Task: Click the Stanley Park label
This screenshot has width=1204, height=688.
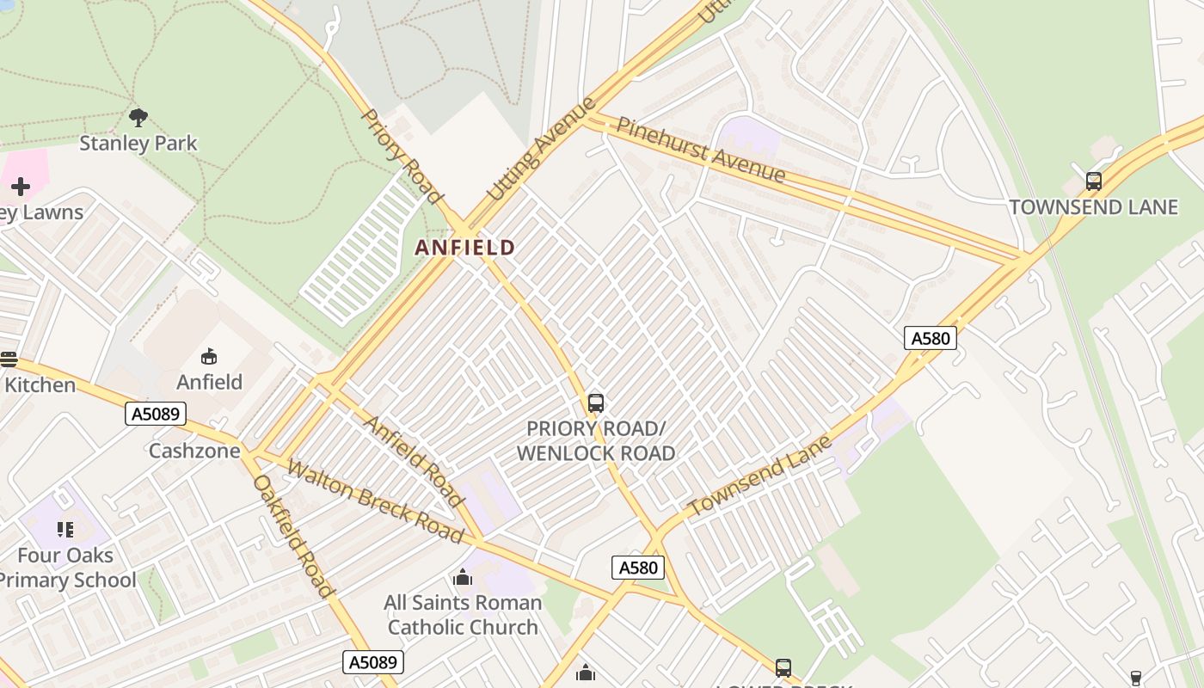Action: coord(138,143)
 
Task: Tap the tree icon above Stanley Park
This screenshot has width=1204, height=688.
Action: coord(138,117)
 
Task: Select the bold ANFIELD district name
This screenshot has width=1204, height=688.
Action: coord(465,248)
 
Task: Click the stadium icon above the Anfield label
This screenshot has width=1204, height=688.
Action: coord(208,356)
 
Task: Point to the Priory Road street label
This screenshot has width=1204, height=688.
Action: coord(401,156)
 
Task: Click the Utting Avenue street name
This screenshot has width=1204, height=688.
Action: coord(541,150)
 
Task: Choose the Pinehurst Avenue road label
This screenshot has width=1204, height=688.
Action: coord(700,150)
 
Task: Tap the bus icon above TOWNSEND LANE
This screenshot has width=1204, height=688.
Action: coord(1093,181)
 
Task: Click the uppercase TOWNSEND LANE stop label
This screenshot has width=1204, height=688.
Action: coord(1093,207)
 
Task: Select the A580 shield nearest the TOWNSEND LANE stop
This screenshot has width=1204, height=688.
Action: coord(930,338)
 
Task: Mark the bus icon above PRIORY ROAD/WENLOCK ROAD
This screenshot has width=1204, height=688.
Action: coord(595,402)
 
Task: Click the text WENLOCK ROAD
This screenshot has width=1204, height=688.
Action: coord(595,452)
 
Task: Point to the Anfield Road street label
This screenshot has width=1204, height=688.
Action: coord(414,460)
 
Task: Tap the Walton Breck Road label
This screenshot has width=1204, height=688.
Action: coord(375,501)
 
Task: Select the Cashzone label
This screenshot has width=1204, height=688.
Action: coord(194,451)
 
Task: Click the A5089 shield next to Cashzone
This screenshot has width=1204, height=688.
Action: coord(156,415)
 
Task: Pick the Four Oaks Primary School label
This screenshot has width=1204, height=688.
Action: coord(65,568)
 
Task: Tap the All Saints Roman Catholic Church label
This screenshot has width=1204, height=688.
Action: coord(463,614)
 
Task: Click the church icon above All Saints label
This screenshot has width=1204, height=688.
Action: coord(463,577)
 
